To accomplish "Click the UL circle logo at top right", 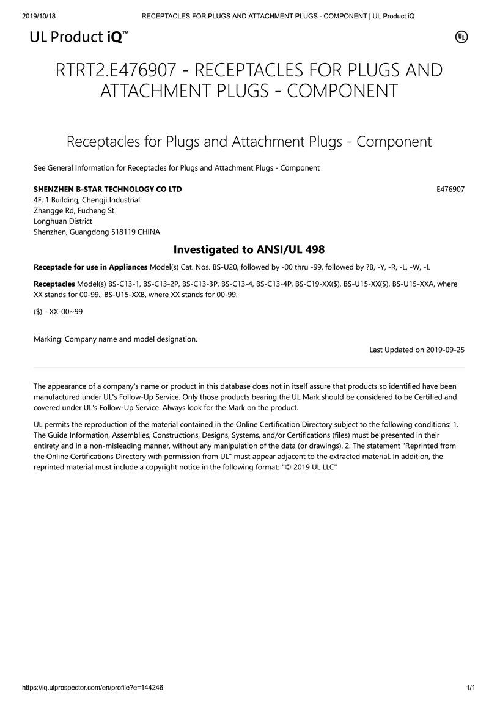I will tap(461, 37).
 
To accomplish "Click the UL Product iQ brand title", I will tap(79, 37).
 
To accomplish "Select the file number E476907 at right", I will tap(450, 189).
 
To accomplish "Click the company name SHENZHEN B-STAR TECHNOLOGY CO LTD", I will tap(108, 189).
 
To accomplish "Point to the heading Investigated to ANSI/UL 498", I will tap(249, 249).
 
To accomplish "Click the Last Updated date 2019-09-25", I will tap(445, 350).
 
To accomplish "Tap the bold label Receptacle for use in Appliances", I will tap(90, 267).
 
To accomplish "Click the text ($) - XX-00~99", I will tap(58, 311).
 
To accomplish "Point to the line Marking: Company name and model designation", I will tap(116, 339).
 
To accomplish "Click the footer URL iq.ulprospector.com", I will tap(92, 687).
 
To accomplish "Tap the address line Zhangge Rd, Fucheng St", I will tap(74, 210).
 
